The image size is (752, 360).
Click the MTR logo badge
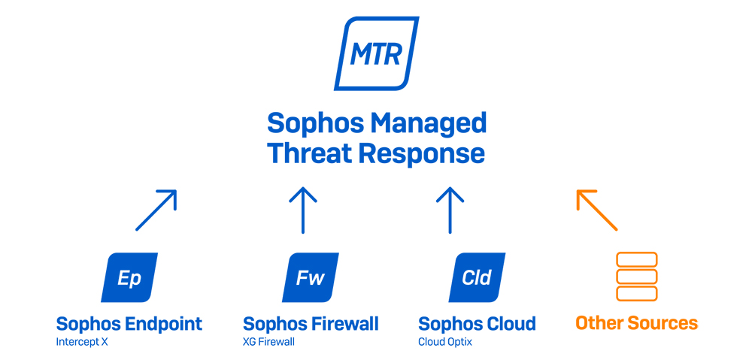click(x=377, y=53)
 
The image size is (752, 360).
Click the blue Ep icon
click(x=129, y=277)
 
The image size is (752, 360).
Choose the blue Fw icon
click(x=311, y=277)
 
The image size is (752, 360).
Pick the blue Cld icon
click(x=477, y=277)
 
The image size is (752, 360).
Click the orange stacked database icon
click(x=636, y=277)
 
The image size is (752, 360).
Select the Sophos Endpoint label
click(x=129, y=324)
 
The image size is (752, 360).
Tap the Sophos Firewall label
click(x=311, y=324)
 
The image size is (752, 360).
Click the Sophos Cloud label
click(x=477, y=324)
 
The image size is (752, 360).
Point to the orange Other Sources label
click(x=636, y=323)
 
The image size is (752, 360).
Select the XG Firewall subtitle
click(x=268, y=343)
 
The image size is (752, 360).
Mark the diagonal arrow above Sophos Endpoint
click(x=156, y=210)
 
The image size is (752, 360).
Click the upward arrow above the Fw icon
click(x=303, y=210)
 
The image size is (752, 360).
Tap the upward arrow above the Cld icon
click(x=450, y=210)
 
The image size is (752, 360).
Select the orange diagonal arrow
click(x=596, y=210)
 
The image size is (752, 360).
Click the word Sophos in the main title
click(x=308, y=124)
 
